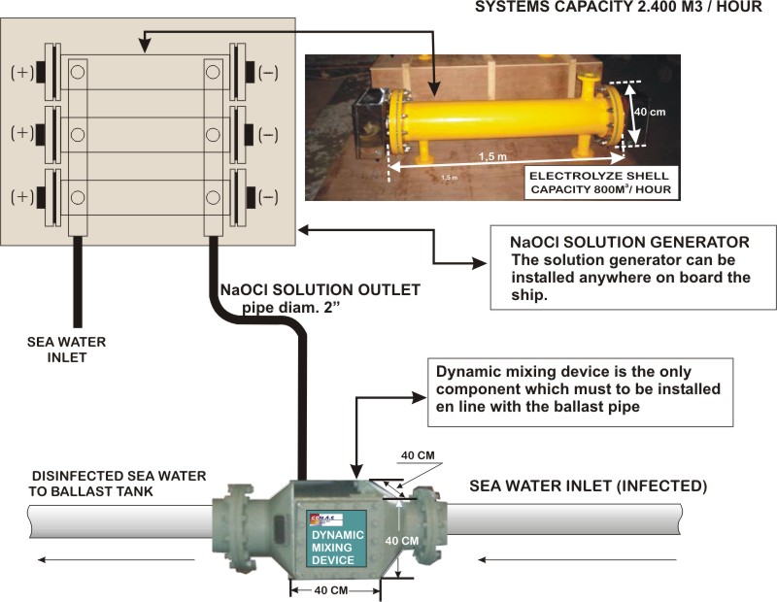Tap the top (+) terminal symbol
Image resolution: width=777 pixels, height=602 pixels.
point(19,73)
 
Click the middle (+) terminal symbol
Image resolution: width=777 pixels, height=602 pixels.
point(19,134)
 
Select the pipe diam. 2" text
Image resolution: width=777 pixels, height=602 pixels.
point(300,307)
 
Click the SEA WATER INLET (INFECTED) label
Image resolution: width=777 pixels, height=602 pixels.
point(588,484)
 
